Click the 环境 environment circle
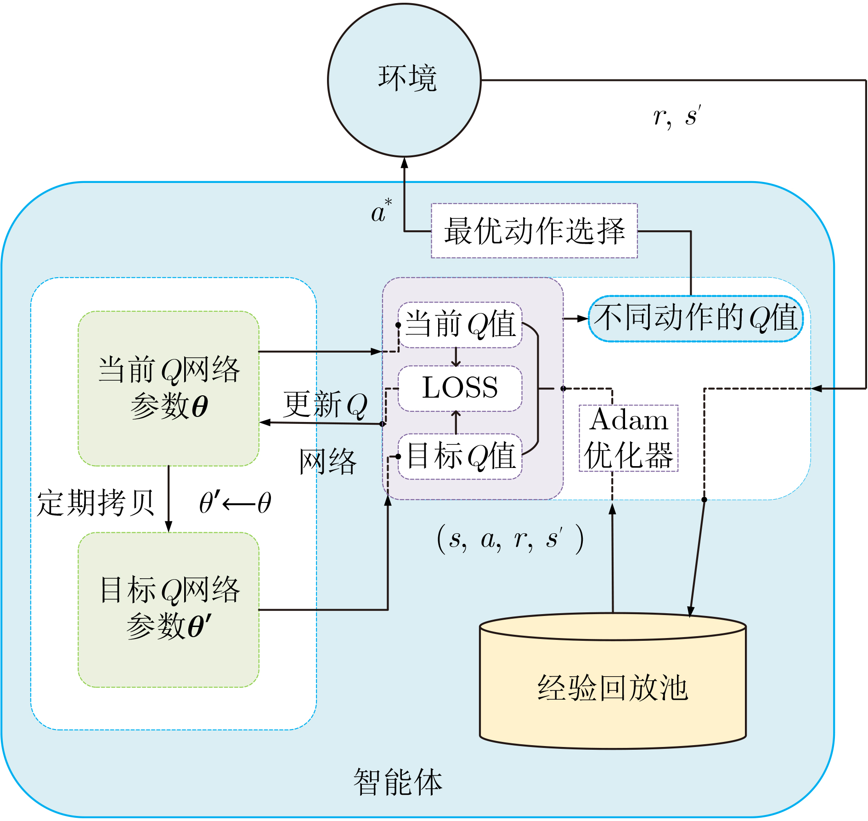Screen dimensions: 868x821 pyautogui.click(x=404, y=80)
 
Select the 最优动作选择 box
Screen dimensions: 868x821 pyautogui.click(x=534, y=231)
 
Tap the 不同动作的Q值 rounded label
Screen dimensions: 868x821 pyautogui.click(x=696, y=318)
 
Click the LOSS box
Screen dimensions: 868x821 pyautogui.click(x=460, y=388)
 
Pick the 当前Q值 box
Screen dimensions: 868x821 pyautogui.click(x=460, y=325)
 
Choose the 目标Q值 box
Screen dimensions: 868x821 pyautogui.click(x=460, y=456)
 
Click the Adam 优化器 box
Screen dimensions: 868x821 pyautogui.click(x=628, y=438)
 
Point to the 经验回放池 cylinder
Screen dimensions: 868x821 pyautogui.click(x=613, y=681)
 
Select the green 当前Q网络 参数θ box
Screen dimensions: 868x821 pyautogui.click(x=169, y=388)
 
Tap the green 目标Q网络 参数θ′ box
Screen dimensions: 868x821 pyautogui.click(x=169, y=610)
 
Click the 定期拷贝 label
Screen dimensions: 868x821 pyautogui.click(x=96, y=503)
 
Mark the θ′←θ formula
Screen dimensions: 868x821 pyautogui.click(x=235, y=502)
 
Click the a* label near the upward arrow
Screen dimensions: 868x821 pyautogui.click(x=382, y=211)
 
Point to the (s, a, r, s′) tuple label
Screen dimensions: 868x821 pyautogui.click(x=510, y=538)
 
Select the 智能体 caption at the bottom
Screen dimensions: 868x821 pyautogui.click(x=398, y=782)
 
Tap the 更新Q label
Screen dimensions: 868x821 pyautogui.click(x=325, y=405)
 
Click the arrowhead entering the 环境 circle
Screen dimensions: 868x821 pyautogui.click(x=404, y=163)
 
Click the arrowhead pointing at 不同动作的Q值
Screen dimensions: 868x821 pyautogui.click(x=583, y=318)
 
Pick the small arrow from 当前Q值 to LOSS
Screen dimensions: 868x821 pyautogui.click(x=456, y=357)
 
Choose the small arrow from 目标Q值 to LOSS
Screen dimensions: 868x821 pyautogui.click(x=456, y=422)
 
